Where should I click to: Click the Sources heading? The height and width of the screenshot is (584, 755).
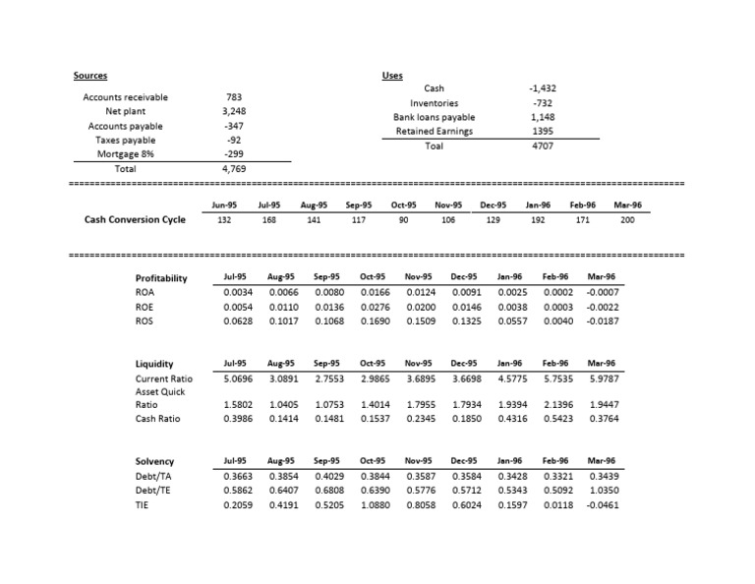pyautogui.click(x=90, y=76)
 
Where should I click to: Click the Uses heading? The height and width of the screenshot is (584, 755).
pyautogui.click(x=391, y=76)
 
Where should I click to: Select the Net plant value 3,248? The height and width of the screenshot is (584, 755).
pyautogui.click(x=235, y=111)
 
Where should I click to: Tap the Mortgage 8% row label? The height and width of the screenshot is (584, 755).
pyautogui.click(x=126, y=154)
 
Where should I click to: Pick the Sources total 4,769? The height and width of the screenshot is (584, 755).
pyautogui.click(x=235, y=169)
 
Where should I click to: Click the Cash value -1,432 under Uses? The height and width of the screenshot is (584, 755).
pyautogui.click(x=543, y=88)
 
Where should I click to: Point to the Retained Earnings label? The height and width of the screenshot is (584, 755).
pyautogui.click(x=434, y=131)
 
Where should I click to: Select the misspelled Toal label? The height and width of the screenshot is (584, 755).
pyautogui.click(x=434, y=146)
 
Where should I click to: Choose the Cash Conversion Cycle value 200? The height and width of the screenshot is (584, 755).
pyautogui.click(x=628, y=220)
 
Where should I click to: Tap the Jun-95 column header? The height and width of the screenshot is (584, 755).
pyautogui.click(x=224, y=205)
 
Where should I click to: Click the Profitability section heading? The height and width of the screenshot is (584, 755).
pyautogui.click(x=160, y=278)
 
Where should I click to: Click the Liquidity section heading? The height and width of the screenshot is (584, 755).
pyautogui.click(x=153, y=364)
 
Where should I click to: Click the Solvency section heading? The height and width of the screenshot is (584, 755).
pyautogui.click(x=154, y=461)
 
